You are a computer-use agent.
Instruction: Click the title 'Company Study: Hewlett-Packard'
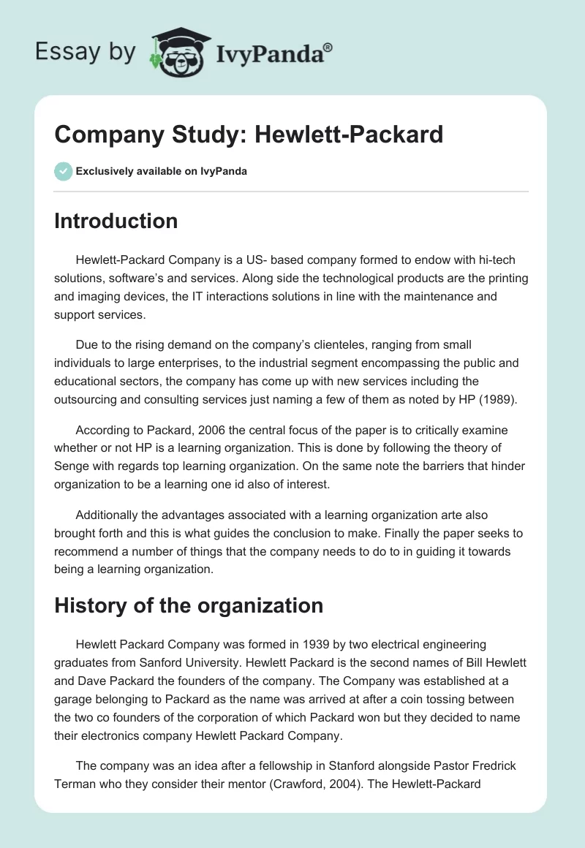[x=249, y=135]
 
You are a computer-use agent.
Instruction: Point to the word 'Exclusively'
[x=103, y=172]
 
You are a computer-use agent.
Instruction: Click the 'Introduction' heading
[x=116, y=221]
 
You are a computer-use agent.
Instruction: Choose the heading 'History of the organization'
[x=189, y=605]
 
